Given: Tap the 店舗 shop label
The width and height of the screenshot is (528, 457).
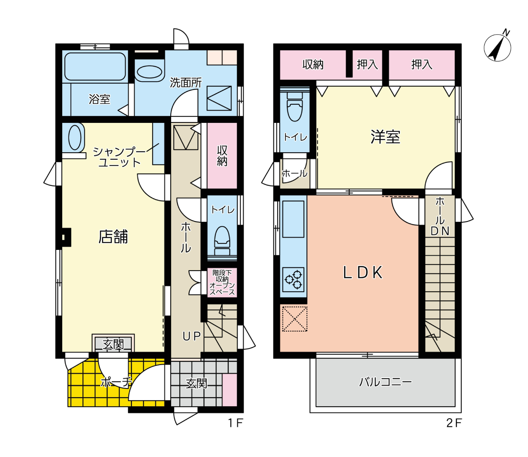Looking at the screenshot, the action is click(x=113, y=237).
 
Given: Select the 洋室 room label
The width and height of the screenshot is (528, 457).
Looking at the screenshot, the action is click(x=385, y=137).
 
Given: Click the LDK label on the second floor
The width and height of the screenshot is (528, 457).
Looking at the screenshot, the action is click(x=363, y=272).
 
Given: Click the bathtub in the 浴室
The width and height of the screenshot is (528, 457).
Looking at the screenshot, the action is click(x=95, y=66).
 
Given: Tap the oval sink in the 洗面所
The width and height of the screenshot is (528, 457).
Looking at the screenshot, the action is click(x=149, y=72).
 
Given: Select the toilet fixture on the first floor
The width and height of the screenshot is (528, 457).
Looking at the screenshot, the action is click(x=222, y=240).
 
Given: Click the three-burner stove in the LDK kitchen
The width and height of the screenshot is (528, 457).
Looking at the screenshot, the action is click(x=294, y=280).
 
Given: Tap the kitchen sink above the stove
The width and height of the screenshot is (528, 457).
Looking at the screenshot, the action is click(x=293, y=219).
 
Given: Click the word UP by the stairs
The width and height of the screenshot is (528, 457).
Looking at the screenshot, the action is click(x=191, y=336).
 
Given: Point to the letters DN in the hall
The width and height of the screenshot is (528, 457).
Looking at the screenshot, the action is click(x=440, y=231).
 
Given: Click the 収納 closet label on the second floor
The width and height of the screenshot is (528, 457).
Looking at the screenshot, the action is click(x=313, y=65).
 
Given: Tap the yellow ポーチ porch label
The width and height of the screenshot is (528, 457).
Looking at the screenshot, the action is click(x=116, y=382).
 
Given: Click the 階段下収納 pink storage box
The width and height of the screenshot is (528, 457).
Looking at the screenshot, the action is click(x=222, y=283).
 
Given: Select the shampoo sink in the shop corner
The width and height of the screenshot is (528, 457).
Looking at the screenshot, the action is click(x=75, y=137).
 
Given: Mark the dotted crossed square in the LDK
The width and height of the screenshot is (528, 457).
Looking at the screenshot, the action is click(x=295, y=319).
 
